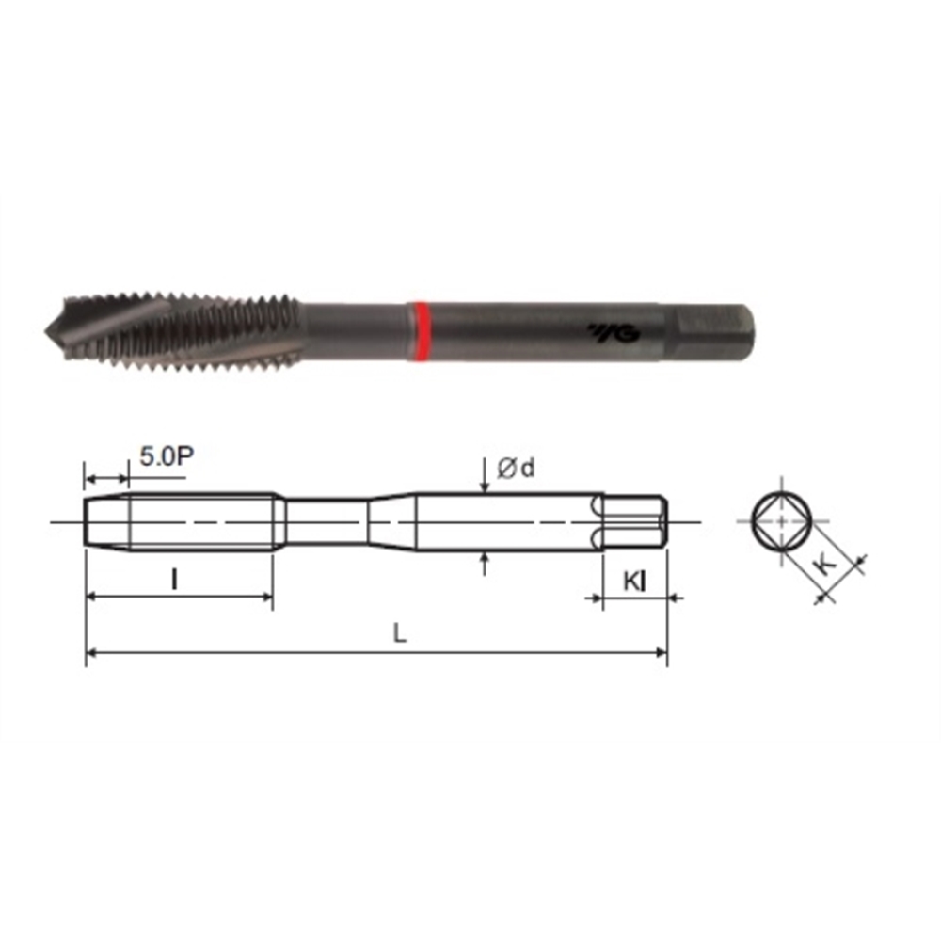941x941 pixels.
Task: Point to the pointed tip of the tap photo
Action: [45, 329]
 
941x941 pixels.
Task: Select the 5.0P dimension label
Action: [167, 457]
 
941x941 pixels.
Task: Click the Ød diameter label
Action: [516, 468]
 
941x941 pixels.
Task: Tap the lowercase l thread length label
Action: [174, 581]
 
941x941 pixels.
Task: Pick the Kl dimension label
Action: [635, 582]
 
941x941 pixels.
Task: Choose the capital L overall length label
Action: [400, 632]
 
